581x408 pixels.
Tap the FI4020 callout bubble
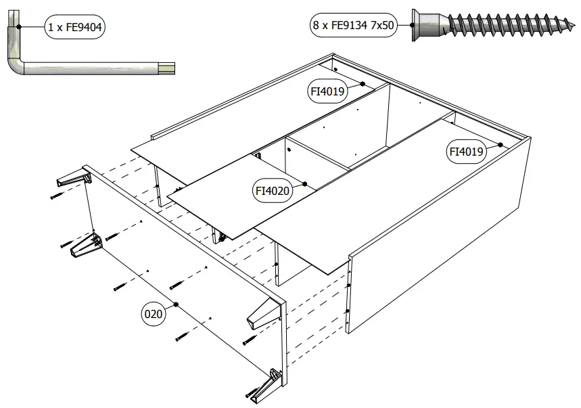tap(273, 191)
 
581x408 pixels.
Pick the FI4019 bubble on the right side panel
tap(467, 152)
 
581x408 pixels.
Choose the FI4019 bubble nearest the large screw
tap(327, 91)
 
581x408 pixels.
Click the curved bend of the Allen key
tap(17, 64)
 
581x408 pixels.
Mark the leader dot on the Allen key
tap(20, 27)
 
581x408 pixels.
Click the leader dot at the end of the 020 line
tap(176, 304)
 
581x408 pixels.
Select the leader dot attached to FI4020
tap(306, 183)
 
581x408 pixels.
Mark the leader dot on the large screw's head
tap(412, 26)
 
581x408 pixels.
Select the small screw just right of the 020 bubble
tap(183, 334)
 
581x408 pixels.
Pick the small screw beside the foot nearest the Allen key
tap(56, 196)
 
